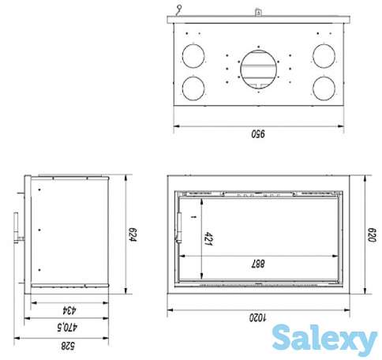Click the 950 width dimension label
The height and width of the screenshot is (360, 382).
point(258,134)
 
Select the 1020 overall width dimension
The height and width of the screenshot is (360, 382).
point(258,317)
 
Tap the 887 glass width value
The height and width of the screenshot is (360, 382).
point(258,264)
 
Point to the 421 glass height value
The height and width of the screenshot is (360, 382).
point(208,238)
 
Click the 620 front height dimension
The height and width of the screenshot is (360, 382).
point(372,234)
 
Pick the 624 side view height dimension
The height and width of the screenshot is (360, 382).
point(133,235)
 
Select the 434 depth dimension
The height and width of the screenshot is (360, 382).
point(69,310)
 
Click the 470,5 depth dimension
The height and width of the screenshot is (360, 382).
point(67,328)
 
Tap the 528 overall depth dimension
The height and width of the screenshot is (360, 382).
point(68,346)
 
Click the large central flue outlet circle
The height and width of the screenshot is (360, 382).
point(259,69)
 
